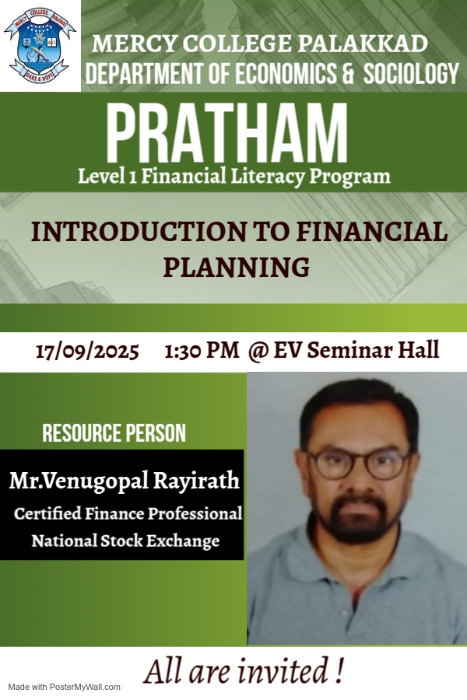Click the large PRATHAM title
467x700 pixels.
(x=226, y=133)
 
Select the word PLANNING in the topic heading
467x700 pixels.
(x=236, y=267)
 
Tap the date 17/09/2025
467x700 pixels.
(x=87, y=351)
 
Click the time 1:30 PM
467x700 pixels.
(x=202, y=351)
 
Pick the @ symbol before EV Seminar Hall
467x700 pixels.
(x=258, y=351)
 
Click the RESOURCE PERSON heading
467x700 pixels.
(x=114, y=433)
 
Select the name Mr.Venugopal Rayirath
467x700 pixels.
(x=124, y=481)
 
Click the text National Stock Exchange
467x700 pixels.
(x=125, y=541)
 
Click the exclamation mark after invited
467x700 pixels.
(x=340, y=670)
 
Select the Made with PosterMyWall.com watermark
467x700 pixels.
(x=65, y=687)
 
